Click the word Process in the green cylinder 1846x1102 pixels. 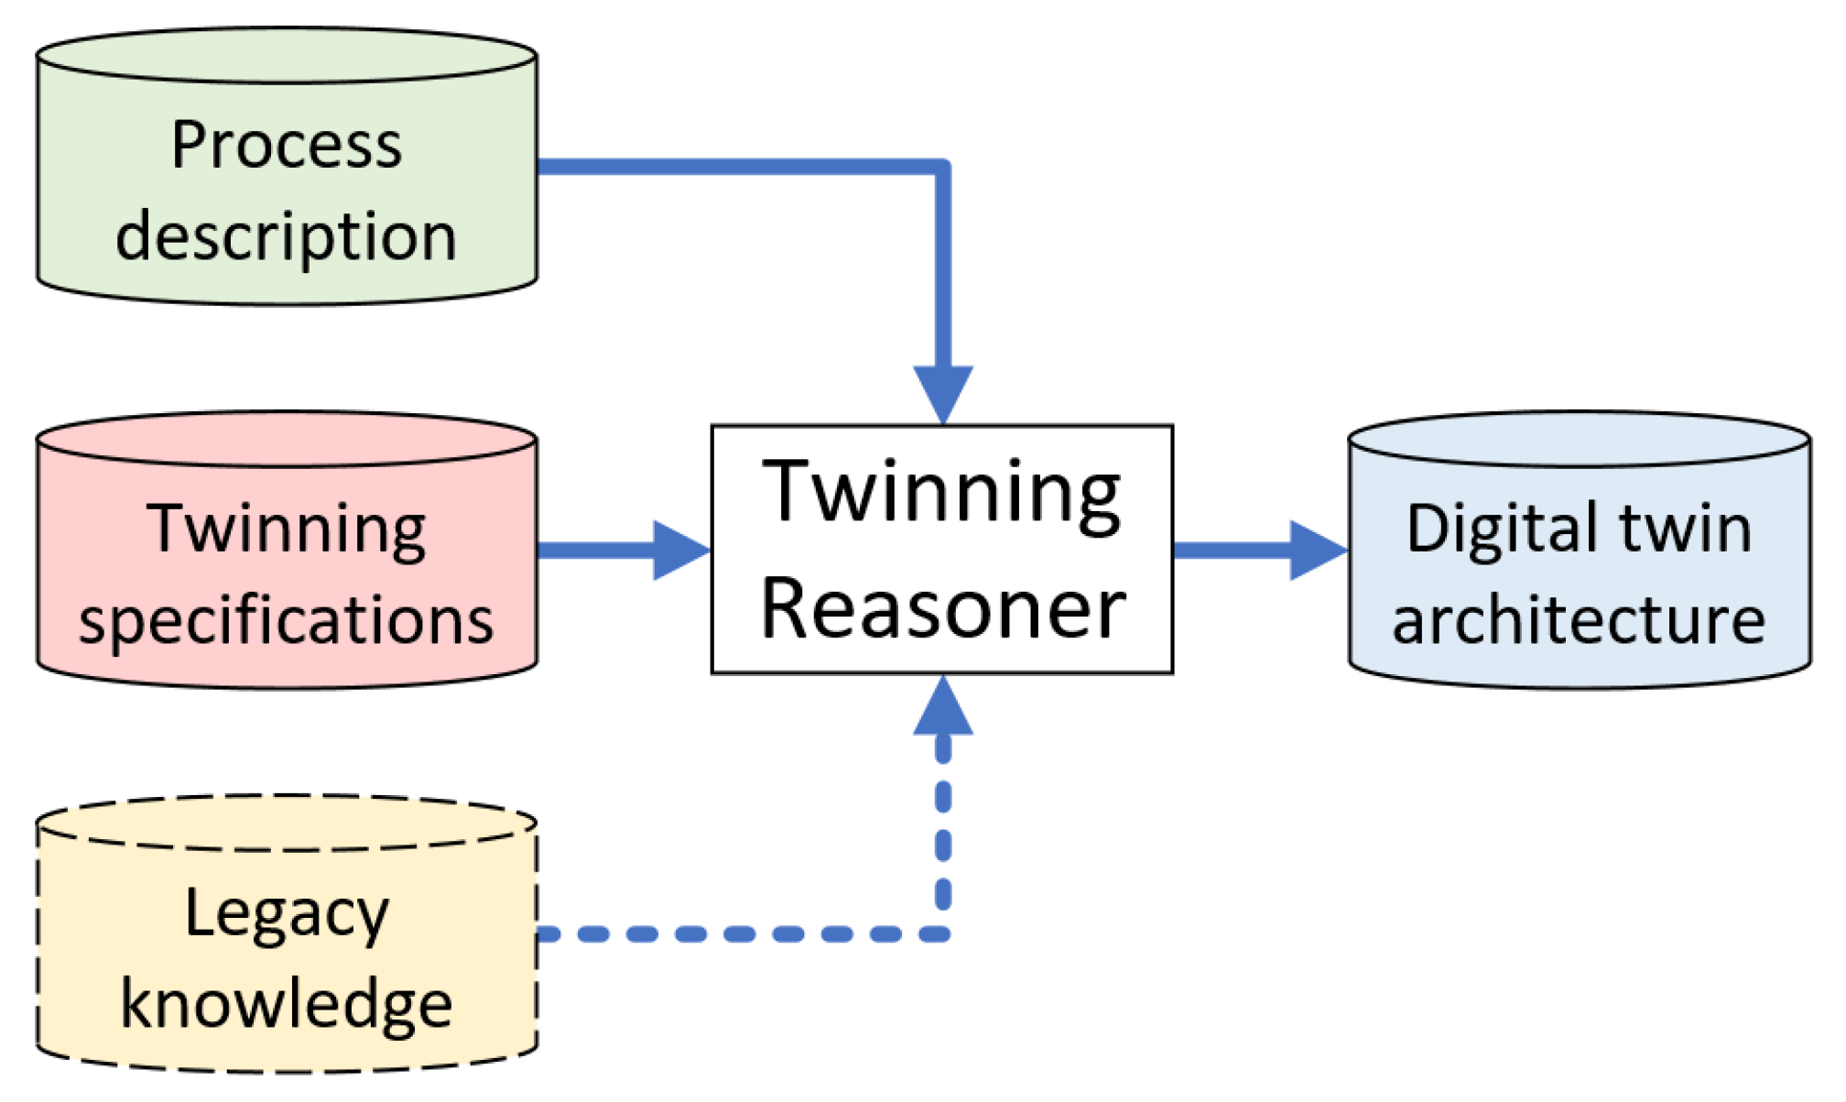286,147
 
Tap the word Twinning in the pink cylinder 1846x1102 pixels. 286,529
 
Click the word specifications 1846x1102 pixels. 286,621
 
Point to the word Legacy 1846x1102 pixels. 286,914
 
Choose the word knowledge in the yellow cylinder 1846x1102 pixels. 286,1004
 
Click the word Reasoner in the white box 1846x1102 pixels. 942,609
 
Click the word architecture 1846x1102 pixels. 1579,621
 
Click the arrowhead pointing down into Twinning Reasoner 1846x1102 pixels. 943,392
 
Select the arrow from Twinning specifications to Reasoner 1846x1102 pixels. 623,551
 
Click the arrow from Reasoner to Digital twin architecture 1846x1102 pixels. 1259,551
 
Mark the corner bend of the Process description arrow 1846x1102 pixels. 942,168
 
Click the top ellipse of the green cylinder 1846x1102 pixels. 286,55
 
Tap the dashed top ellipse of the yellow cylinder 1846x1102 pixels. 286,823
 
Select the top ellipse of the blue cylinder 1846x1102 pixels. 1579,439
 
